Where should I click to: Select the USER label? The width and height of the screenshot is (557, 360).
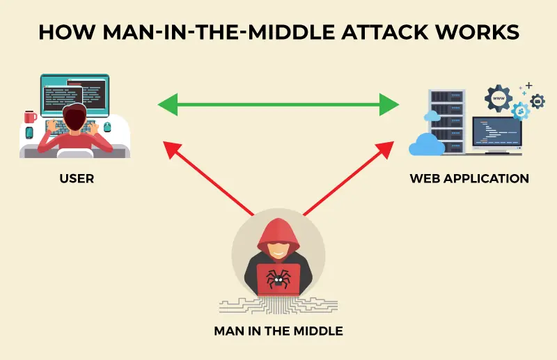(x=77, y=179)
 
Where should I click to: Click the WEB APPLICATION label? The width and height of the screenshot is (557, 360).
(x=469, y=179)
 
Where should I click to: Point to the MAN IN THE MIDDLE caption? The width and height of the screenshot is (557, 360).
(x=278, y=331)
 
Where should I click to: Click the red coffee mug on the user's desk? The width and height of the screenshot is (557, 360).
(x=30, y=116)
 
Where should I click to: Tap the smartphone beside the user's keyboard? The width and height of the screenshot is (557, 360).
(x=29, y=132)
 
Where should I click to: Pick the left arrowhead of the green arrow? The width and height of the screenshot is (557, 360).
(x=166, y=106)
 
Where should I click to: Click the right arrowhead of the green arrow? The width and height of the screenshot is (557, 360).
(x=391, y=106)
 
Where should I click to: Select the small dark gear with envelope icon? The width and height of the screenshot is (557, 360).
(x=537, y=101)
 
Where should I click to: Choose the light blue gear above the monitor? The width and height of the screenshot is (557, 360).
(x=518, y=111)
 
